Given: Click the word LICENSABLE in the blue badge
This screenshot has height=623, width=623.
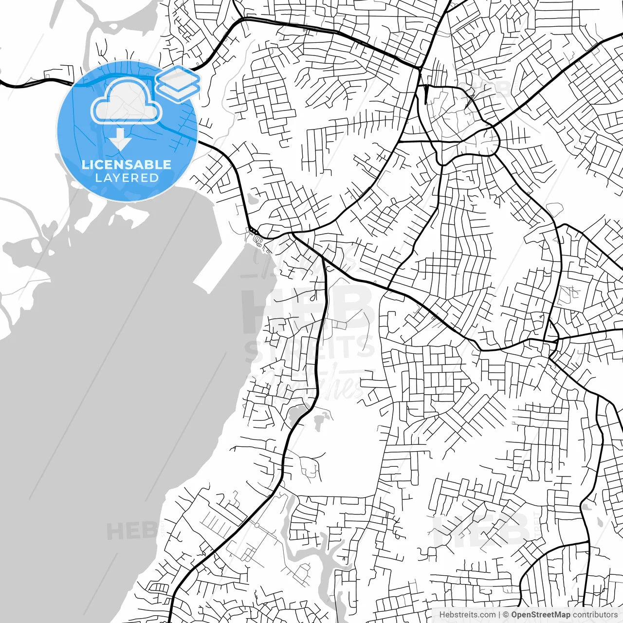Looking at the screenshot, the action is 127,165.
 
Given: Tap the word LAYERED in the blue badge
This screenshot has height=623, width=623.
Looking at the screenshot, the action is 127,178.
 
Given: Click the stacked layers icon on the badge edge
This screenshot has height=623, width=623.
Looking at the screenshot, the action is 178,83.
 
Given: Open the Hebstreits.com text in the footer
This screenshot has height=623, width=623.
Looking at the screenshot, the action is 467,615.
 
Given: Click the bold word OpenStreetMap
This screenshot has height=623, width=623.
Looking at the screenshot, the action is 540,615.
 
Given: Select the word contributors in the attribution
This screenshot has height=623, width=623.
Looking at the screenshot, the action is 595,615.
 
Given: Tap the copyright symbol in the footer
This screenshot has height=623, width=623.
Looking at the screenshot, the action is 506,615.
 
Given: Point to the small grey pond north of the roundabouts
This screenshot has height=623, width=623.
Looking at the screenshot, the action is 252,199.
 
